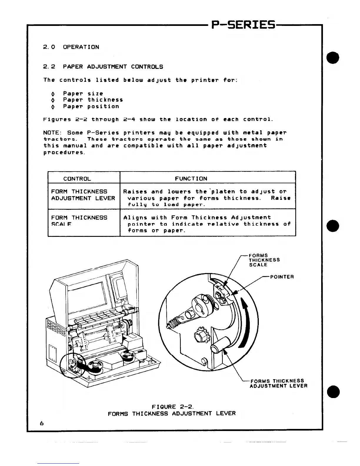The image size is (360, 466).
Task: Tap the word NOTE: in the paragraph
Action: pos(51,133)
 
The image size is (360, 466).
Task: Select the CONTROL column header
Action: pos(77,179)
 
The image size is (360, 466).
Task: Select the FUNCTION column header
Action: pos(191,179)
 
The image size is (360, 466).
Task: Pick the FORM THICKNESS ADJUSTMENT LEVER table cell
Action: pos(83,195)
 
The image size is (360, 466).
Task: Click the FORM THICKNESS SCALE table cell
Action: pos(79,221)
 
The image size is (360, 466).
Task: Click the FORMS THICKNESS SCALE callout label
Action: pos(264,260)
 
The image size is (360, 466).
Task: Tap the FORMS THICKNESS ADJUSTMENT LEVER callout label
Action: pos(278,383)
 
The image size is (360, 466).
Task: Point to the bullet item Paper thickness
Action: pos(93,100)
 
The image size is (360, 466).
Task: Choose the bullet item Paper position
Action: pos(91,106)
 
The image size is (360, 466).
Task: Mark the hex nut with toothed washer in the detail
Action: pos(200,336)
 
